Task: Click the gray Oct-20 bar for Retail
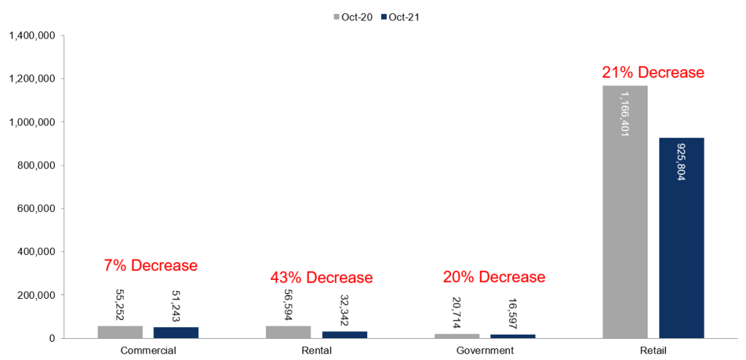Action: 624,212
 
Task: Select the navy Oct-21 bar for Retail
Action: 681,238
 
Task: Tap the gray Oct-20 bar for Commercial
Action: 120,332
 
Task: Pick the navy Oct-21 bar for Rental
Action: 345,334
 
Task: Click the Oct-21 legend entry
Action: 400,17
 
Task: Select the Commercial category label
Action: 149,351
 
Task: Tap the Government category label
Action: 484,351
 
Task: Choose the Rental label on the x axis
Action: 316,351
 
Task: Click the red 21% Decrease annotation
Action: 653,73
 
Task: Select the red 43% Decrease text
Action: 321,277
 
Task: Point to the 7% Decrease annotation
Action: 150,265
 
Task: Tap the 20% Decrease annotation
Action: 494,277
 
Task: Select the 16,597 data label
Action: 513,316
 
